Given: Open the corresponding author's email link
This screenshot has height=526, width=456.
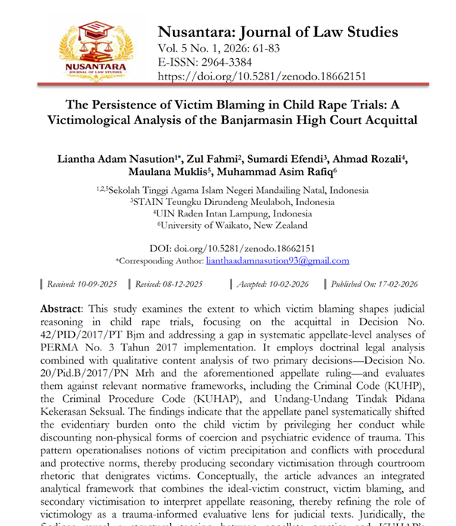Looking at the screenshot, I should click(278, 261).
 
